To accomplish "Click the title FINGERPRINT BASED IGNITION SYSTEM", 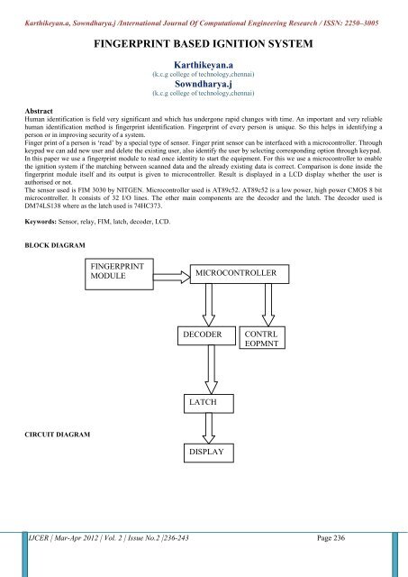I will click(x=204, y=42).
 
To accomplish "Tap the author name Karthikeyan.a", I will click(x=204, y=66).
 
